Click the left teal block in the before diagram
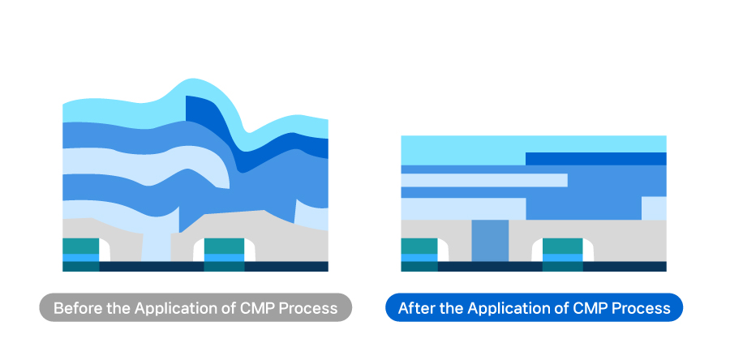point(80,246)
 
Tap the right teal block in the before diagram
point(224,246)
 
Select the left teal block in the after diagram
point(419,246)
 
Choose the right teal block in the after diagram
point(562,246)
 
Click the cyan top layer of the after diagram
point(462,148)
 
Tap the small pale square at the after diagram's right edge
point(653,208)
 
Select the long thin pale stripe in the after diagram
point(483,180)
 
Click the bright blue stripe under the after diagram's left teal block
point(419,258)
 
